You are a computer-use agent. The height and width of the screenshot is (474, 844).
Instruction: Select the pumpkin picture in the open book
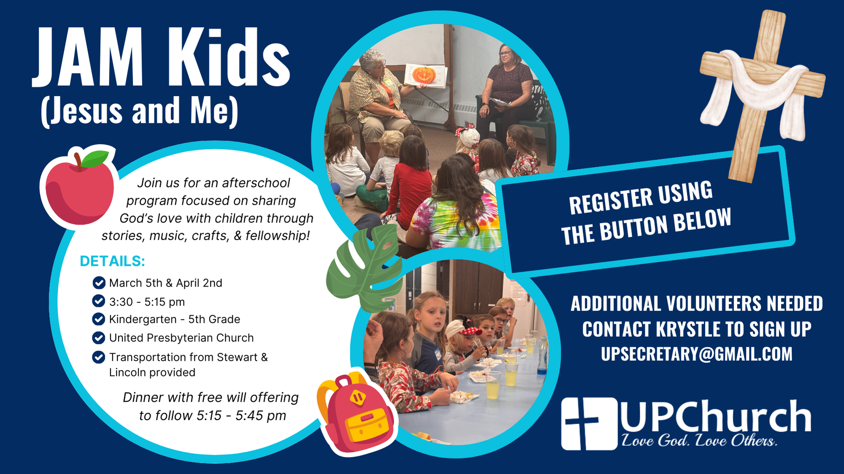(424, 75)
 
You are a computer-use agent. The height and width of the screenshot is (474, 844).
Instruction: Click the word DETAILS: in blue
(112, 261)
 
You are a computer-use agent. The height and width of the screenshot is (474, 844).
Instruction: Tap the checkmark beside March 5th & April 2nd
(99, 282)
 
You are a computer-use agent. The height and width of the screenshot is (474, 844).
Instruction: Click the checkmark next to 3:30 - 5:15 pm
(99, 301)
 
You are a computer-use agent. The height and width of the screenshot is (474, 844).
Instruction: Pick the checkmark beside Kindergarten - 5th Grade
(99, 319)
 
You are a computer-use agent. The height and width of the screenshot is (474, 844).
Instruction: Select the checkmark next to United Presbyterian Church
(99, 338)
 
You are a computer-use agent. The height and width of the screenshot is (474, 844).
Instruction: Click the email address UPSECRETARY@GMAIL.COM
(697, 354)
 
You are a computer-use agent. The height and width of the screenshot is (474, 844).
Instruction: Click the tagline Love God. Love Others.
(699, 441)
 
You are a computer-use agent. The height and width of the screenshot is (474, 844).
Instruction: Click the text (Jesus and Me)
(140, 111)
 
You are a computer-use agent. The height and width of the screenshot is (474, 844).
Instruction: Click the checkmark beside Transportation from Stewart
(99, 357)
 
